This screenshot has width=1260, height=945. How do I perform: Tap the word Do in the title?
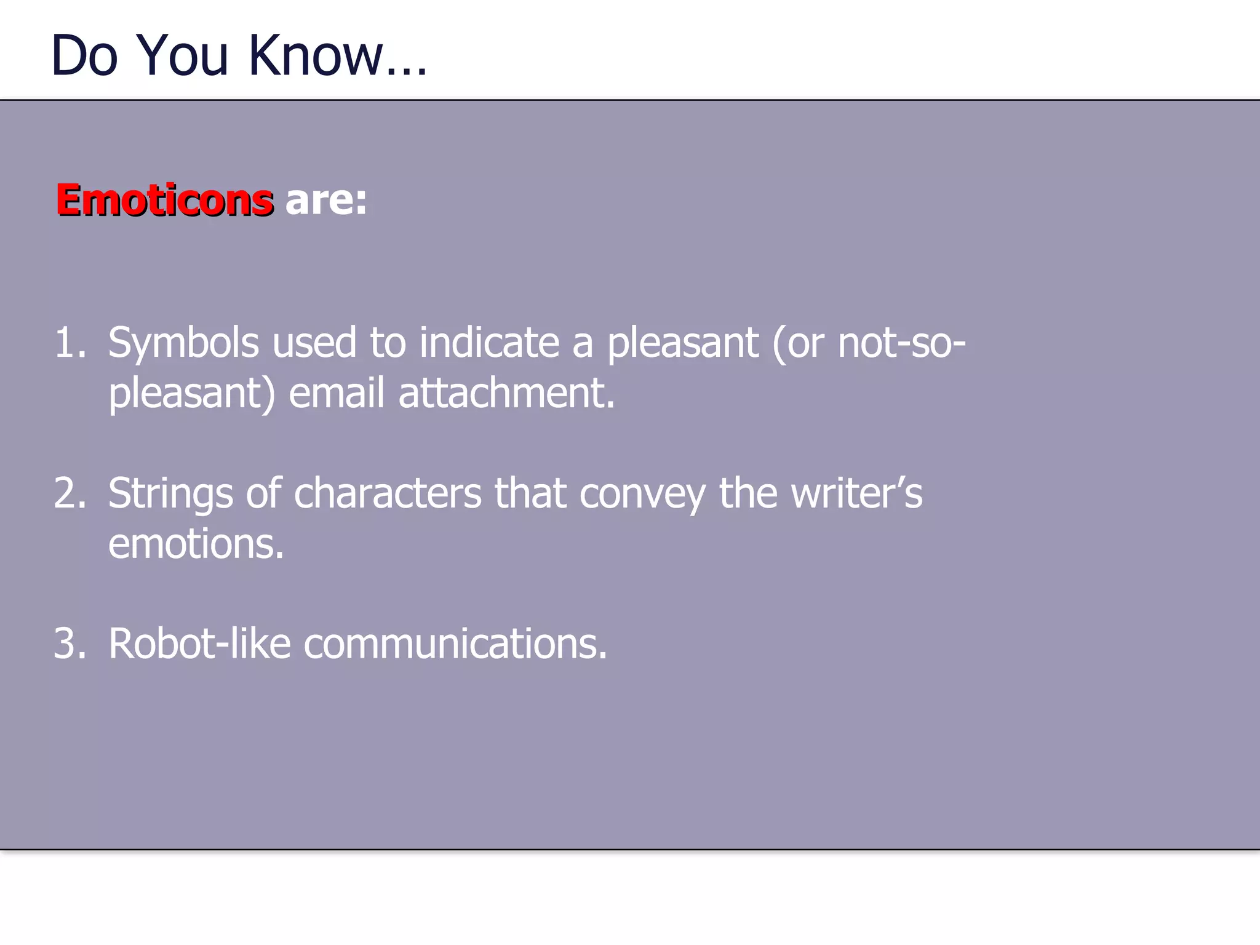84,56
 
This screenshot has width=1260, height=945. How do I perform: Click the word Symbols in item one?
183,343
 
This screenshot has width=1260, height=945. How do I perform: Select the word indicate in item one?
489,343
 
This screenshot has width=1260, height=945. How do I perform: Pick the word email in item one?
337,394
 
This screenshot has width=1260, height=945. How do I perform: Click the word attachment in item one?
506,394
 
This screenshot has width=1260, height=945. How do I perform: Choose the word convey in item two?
642,493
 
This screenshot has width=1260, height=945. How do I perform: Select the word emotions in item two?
196,544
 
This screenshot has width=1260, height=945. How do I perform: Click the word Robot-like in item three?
199,644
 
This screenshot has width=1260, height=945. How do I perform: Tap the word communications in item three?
455,644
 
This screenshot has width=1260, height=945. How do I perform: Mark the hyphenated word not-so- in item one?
901,343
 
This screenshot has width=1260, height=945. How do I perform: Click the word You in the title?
182,56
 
